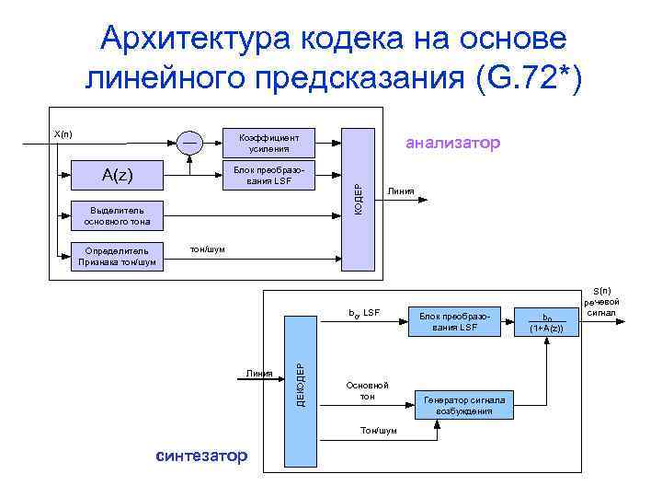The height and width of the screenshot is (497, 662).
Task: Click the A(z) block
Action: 117,173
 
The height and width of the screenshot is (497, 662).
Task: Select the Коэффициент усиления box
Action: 268,142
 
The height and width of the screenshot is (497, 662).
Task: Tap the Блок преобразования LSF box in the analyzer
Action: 268,174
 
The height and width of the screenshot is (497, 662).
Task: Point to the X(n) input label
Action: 63,134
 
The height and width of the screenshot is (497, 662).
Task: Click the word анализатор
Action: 452,143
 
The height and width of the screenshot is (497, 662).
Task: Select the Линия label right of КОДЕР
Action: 402,191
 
